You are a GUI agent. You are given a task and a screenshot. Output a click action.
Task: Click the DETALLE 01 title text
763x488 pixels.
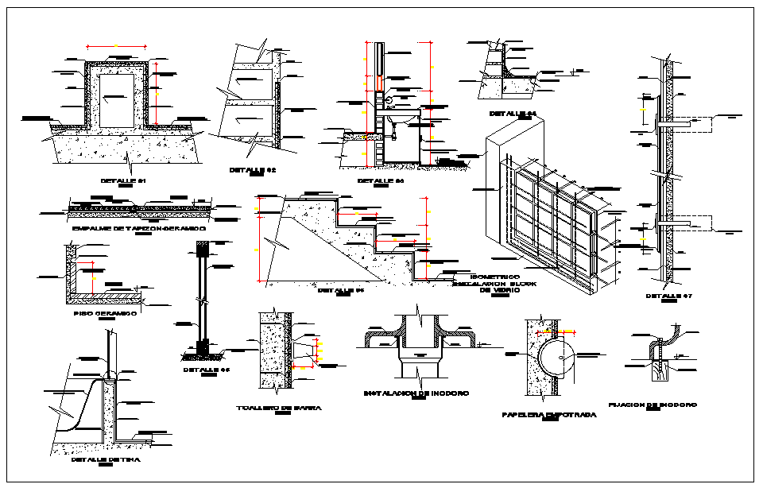point(124,180)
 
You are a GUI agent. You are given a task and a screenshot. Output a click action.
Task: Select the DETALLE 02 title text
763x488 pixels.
point(252,170)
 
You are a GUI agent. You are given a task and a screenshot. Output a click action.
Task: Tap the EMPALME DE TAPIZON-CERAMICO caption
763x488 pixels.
point(138,228)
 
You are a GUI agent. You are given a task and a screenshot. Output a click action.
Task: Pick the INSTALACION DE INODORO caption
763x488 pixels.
point(416,393)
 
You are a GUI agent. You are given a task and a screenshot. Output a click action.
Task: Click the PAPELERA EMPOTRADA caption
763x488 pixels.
point(549,415)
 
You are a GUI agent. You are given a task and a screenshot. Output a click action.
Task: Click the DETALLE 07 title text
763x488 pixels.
point(669,296)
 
